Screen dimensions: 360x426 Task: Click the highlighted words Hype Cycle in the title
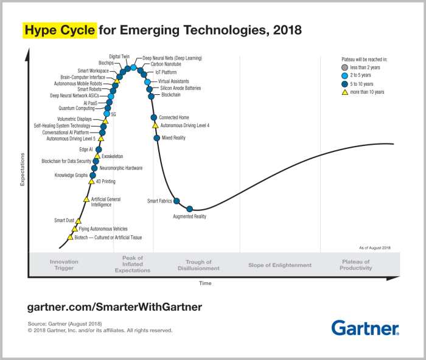(60, 30)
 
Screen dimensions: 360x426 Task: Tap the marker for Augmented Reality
(190, 209)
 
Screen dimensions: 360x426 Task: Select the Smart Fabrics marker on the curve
(176, 201)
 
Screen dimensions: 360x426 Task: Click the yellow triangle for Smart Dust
(79, 220)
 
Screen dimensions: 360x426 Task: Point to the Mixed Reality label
(173, 138)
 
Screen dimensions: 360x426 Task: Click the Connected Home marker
(154, 117)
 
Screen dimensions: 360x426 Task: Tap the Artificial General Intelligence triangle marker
(86, 199)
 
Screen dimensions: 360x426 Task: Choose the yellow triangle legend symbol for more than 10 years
(344, 92)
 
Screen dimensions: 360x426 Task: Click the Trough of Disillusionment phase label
(198, 265)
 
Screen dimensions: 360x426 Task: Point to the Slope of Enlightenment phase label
(280, 265)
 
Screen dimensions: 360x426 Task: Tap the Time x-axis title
(206, 283)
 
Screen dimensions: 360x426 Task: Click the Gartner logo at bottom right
(365, 328)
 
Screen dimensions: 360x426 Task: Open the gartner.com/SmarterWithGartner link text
(114, 307)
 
